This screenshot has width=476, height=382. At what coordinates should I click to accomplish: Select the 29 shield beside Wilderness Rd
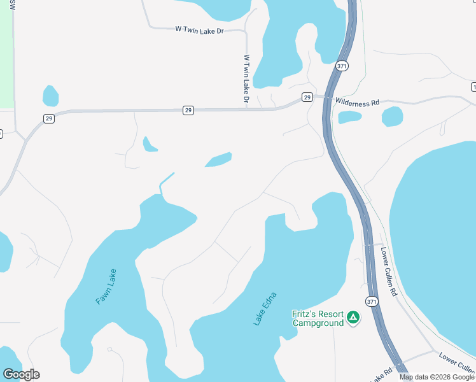point(307,97)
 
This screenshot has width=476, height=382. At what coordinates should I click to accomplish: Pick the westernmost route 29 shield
point(49,118)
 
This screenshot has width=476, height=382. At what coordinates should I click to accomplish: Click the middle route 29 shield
point(188,110)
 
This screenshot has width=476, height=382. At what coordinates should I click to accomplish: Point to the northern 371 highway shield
point(342,66)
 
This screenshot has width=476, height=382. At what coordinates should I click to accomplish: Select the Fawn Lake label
point(106,286)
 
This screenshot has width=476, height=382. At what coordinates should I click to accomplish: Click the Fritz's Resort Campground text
point(318,318)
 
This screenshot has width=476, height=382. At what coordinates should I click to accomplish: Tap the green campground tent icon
point(353,317)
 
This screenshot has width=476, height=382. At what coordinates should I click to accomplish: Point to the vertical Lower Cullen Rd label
point(388,271)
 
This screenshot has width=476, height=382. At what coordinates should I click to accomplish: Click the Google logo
point(21,374)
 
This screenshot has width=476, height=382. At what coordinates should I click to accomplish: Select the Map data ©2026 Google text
point(437,377)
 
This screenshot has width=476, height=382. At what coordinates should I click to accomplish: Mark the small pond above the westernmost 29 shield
point(50,96)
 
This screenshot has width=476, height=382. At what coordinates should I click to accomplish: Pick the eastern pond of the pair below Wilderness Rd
point(392,117)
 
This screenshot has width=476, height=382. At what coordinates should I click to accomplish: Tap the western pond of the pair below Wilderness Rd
point(349,117)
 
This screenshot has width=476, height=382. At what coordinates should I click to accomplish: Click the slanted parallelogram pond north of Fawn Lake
point(218,159)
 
